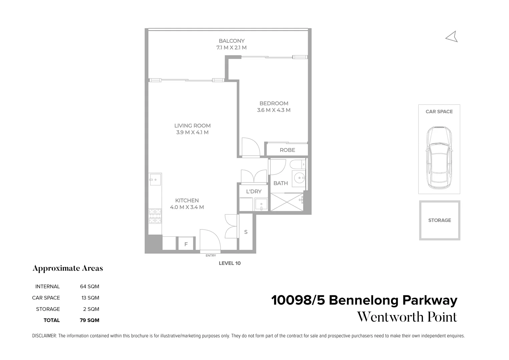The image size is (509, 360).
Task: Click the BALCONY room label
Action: point(231,41)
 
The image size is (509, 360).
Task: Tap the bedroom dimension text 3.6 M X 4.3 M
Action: point(274,110)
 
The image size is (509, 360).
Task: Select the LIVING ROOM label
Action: point(192,126)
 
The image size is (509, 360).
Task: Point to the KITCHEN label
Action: point(187,200)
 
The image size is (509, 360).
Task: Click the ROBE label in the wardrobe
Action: point(287,150)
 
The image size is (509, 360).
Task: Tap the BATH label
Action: point(281,183)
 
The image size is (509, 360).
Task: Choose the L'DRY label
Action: point(253,191)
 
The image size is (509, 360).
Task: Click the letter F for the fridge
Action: point(186,244)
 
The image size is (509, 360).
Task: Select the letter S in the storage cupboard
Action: point(246,232)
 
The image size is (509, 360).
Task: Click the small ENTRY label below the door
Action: point(211,256)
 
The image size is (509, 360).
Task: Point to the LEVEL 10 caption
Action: point(229,263)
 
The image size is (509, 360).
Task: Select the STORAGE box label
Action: point(439,220)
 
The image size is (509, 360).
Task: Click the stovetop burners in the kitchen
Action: point(155,216)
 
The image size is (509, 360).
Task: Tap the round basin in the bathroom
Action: point(300,179)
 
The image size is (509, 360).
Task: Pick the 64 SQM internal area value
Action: point(89,286)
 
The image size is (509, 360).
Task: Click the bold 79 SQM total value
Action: point(89,320)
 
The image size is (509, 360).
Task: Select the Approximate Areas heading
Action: point(68,268)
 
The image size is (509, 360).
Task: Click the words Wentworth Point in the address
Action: point(407,317)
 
